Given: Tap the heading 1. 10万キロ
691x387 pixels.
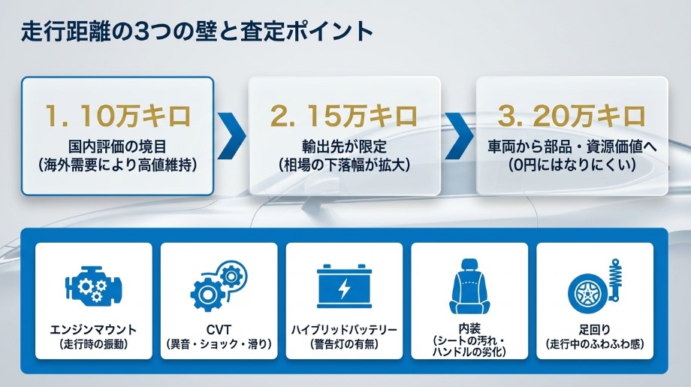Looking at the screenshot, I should tap(118, 116).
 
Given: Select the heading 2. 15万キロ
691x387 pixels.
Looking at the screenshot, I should tap(344, 116).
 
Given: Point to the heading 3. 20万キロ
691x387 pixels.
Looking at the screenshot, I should tap(572, 116).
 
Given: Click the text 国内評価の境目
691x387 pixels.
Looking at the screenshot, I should tap(118, 146).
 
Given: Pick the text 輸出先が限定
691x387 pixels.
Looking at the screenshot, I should tap(344, 146).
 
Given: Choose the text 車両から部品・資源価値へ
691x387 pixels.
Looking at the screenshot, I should tap(572, 146).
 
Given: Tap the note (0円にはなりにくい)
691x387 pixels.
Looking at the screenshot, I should tap(572, 165).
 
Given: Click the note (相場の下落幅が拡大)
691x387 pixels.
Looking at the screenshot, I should tap(344, 165).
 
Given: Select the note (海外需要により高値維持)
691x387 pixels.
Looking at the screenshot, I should tap(118, 165).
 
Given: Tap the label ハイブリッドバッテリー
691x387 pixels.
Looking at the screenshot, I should tap(344, 331).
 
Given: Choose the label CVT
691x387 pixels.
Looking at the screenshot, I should tap(219, 331).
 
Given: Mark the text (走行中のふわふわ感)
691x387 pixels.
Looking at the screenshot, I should tap(596, 345).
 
